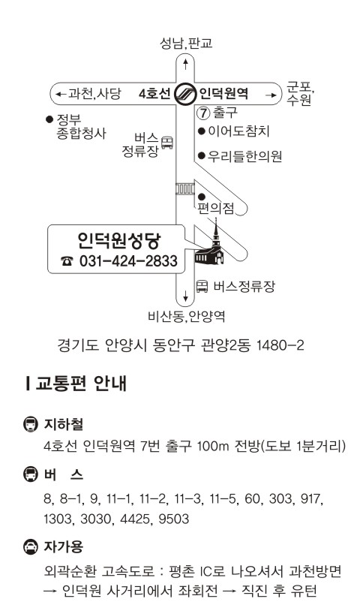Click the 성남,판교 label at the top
pyautogui.click(x=186, y=43)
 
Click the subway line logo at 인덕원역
pyautogui.click(x=185, y=95)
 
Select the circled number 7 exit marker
pyautogui.click(x=203, y=113)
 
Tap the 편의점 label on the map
pyautogui.click(x=215, y=209)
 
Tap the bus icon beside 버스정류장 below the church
pyautogui.click(x=202, y=287)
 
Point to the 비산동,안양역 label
pyautogui.click(x=187, y=316)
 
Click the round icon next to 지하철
pyautogui.click(x=31, y=425)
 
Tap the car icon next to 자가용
pyautogui.click(x=31, y=546)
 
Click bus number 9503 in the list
pyautogui.click(x=174, y=519)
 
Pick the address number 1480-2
pyautogui.click(x=280, y=345)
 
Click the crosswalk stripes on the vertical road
pyautogui.click(x=185, y=188)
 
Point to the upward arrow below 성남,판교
pyautogui.click(x=185, y=65)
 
